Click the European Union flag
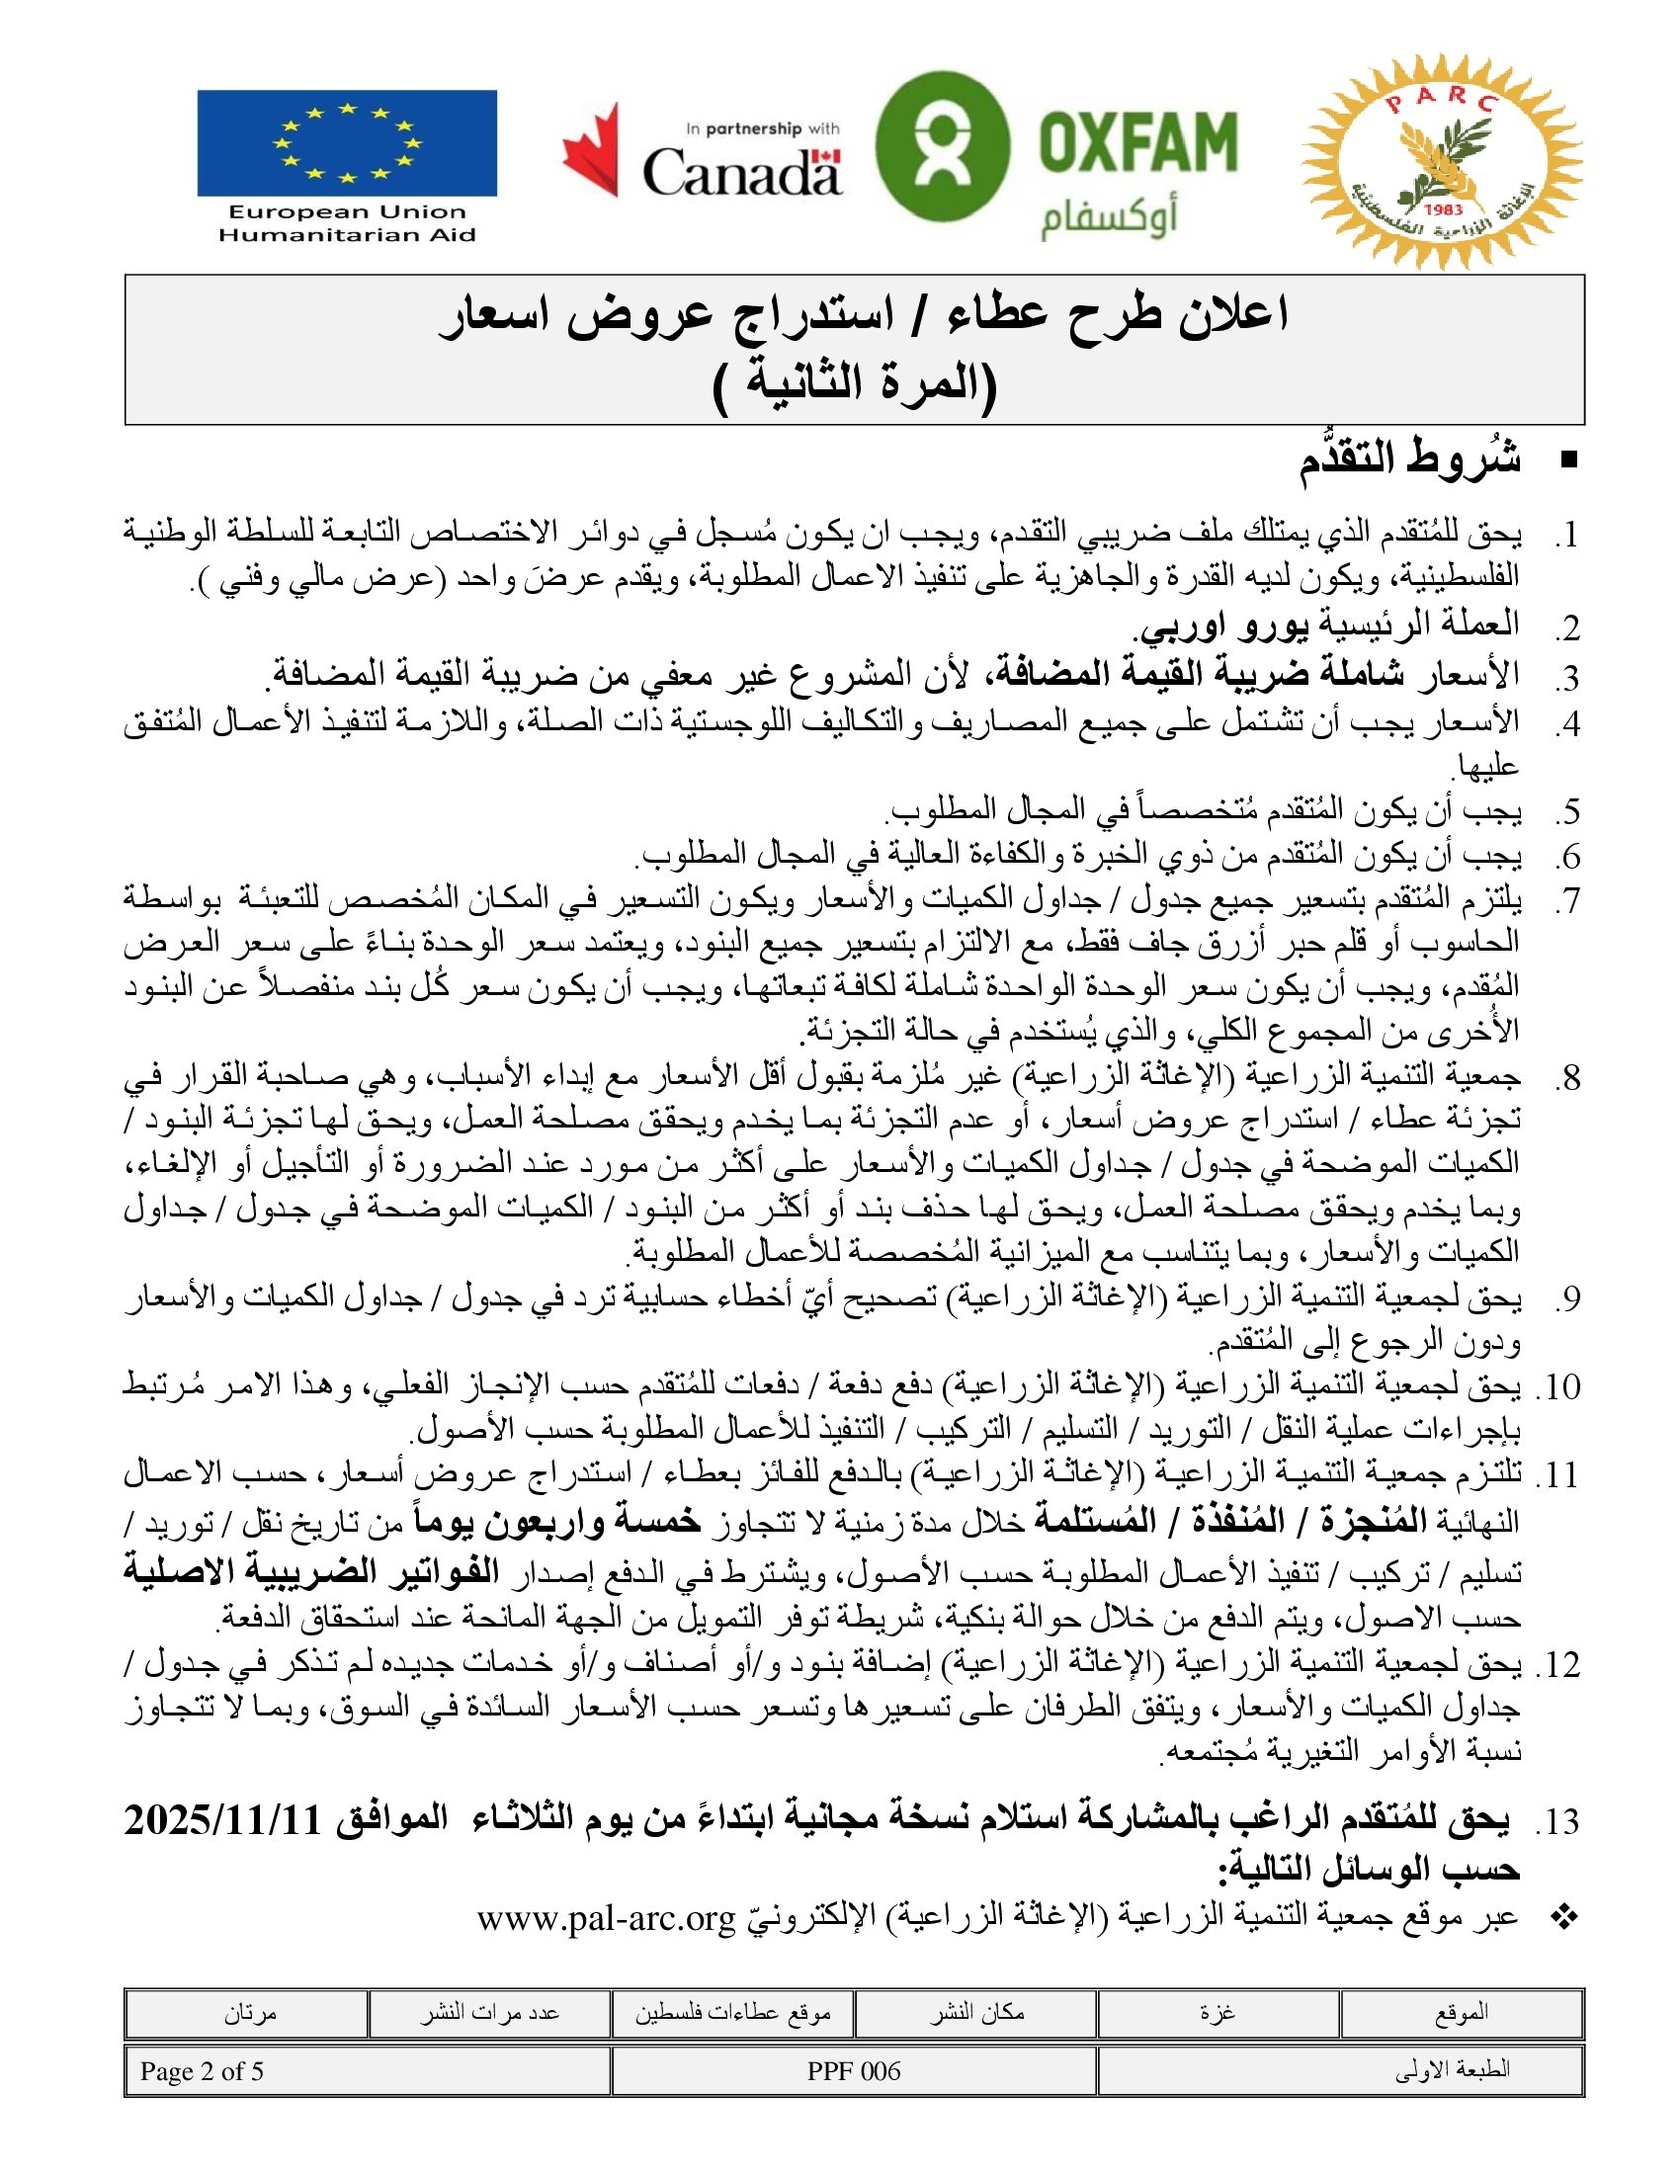[x=346, y=143]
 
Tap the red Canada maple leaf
[x=591, y=151]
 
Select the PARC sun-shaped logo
[x=1442, y=174]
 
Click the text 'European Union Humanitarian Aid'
[x=346, y=224]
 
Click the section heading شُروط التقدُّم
[x=1409, y=460]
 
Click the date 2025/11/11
[x=223, y=1820]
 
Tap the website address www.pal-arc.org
[x=606, y=1916]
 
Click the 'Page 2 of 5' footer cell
[x=202, y=2071]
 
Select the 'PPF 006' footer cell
[x=854, y=2071]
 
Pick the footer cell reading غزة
[x=1218, y=2013]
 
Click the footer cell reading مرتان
[x=250, y=2013]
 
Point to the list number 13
[x=1560, y=1821]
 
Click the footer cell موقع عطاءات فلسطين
[x=732, y=2013]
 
